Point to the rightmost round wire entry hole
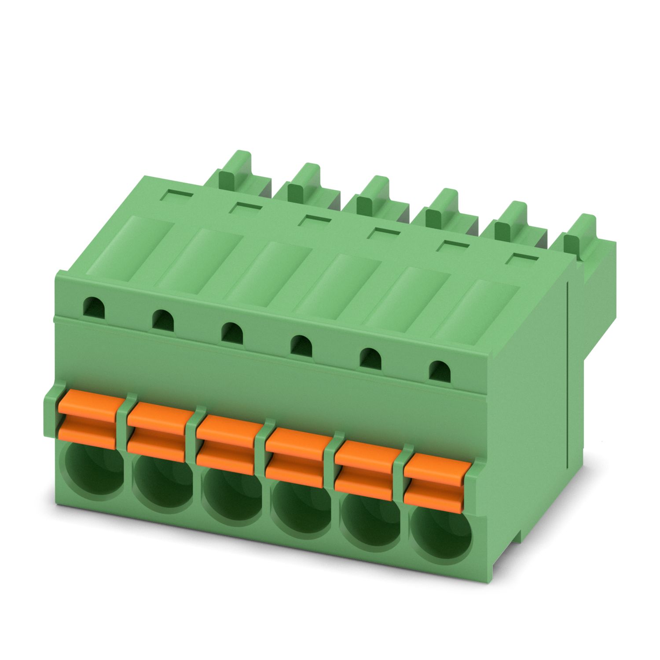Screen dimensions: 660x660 [x=442, y=537]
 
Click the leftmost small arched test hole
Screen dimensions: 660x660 [x=94, y=306]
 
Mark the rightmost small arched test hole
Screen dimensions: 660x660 [x=440, y=370]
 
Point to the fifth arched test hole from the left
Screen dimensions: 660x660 [x=370, y=357]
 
